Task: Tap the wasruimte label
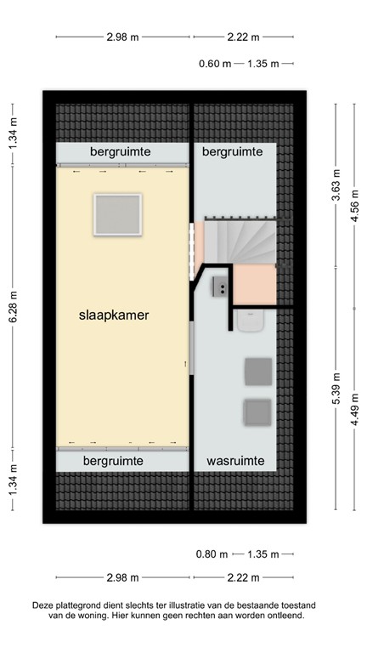pyautogui.click(x=235, y=461)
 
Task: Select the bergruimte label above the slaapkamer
pyautogui.click(x=121, y=150)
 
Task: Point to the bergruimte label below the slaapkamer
pyautogui.click(x=113, y=461)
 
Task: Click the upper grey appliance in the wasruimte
pyautogui.click(x=257, y=372)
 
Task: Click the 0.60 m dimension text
pyautogui.click(x=214, y=63)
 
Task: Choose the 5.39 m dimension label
pyautogui.click(x=336, y=394)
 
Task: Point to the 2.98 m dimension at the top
pyautogui.click(x=123, y=37)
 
